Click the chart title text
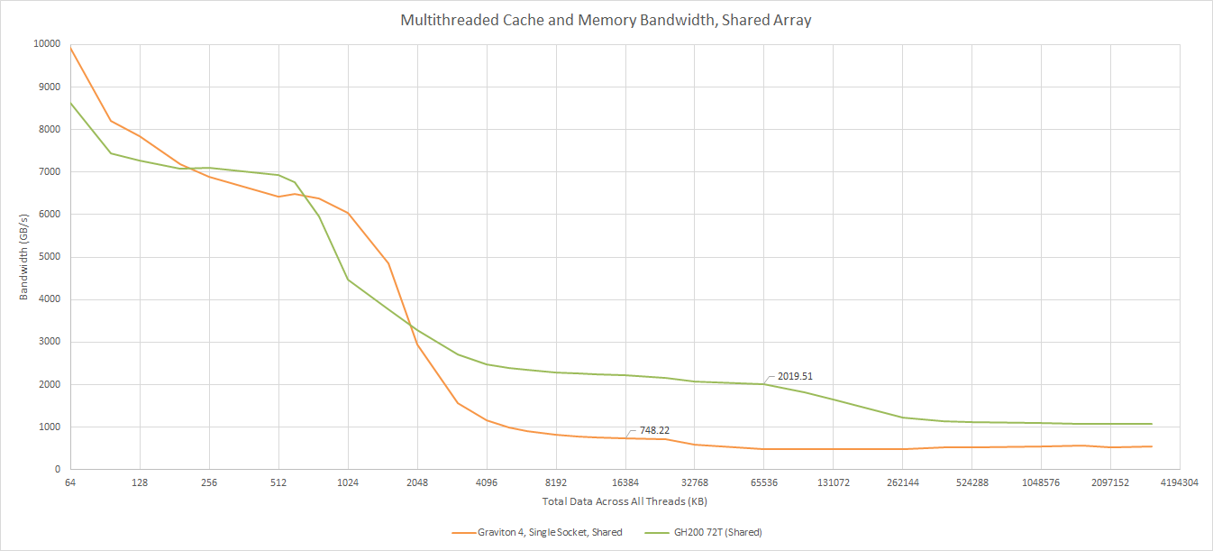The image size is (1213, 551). tap(606, 20)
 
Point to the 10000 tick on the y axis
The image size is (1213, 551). tap(48, 44)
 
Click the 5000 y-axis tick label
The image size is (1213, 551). tap(50, 257)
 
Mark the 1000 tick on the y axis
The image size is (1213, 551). tap(50, 427)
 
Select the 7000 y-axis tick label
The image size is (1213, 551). tap(50, 171)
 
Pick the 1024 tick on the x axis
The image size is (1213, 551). tap(348, 483)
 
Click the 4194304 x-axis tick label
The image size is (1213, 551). tap(1179, 483)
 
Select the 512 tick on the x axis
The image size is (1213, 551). tap(278, 483)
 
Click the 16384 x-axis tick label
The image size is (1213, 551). tap(625, 483)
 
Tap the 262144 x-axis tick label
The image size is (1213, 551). tap(903, 483)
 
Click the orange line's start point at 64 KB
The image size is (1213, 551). tap(70, 46)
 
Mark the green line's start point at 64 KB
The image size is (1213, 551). tap(70, 102)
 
